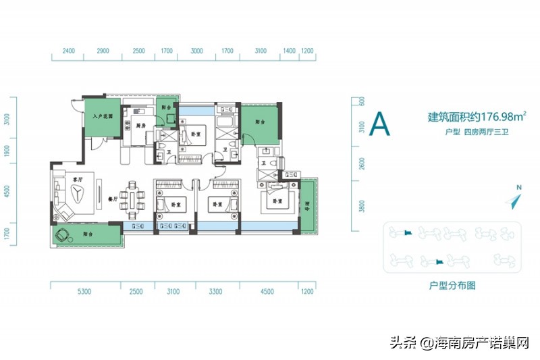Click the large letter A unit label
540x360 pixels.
click(x=381, y=124)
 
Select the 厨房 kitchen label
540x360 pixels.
click(x=140, y=126)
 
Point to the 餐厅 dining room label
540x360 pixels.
click(x=113, y=200)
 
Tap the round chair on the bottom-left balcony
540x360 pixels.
click(x=65, y=236)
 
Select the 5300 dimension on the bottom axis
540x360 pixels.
click(x=84, y=292)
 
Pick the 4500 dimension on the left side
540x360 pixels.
click(x=7, y=191)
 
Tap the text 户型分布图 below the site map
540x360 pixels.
click(x=452, y=286)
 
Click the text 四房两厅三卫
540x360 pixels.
click(x=485, y=132)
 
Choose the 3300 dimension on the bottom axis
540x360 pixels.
click(x=215, y=292)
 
